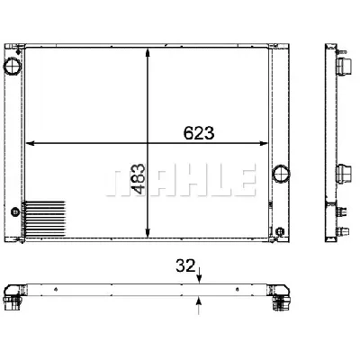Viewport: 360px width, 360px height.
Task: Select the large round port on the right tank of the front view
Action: point(281,172)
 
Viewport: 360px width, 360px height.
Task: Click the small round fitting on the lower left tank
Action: point(13,212)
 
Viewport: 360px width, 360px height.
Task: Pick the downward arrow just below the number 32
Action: point(200,274)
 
